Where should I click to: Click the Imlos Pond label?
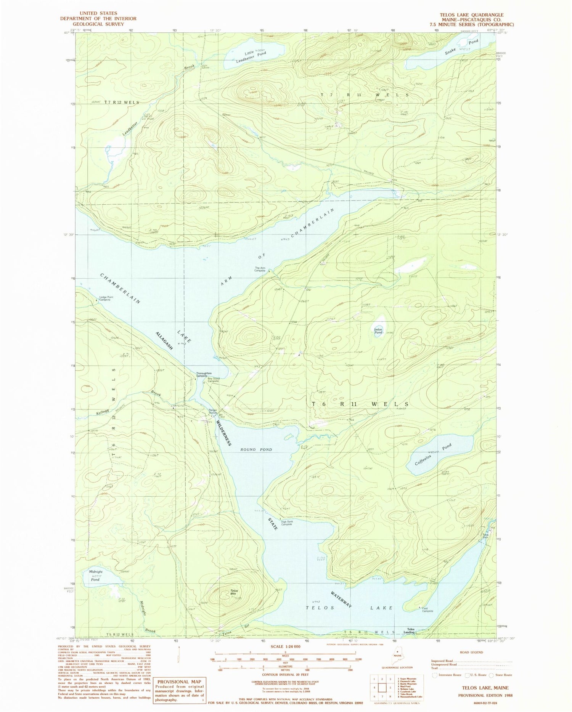[378, 331]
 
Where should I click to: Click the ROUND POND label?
[256, 450]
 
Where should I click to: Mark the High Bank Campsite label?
[287, 523]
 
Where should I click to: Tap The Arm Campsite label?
[260, 269]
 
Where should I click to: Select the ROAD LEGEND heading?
[472, 652]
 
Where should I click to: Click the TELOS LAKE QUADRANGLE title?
[471, 15]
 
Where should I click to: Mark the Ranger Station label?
[213, 412]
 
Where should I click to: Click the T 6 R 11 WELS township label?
[360, 404]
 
